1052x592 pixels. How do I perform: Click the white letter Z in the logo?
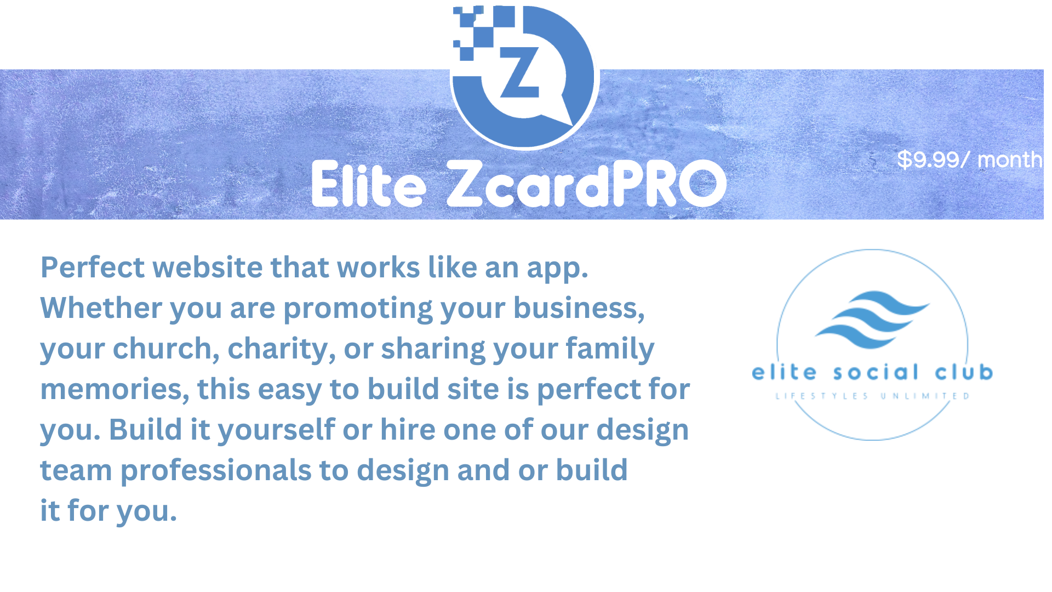click(519, 73)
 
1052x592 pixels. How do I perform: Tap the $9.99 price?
click(928, 160)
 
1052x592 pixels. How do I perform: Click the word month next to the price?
click(1010, 160)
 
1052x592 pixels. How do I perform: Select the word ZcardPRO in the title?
click(587, 184)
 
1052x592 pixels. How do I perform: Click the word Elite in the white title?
click(369, 184)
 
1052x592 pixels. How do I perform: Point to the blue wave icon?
click(872, 320)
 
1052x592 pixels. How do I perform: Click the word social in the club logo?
click(876, 373)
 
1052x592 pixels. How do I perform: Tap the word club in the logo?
click(964, 372)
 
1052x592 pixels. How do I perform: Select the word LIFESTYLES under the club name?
click(822, 396)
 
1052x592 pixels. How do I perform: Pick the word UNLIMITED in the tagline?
click(925, 396)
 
